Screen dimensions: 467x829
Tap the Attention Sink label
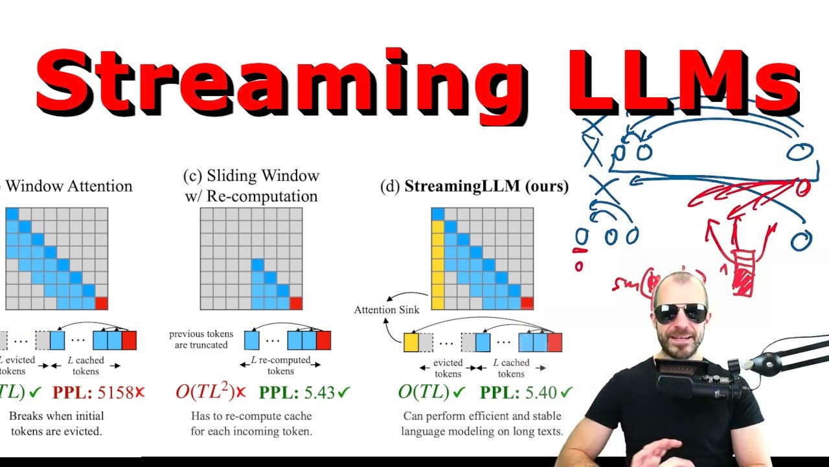pyautogui.click(x=384, y=309)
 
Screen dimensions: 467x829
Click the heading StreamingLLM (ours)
pyautogui.click(x=474, y=187)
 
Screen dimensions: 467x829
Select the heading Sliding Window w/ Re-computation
pyautogui.click(x=251, y=186)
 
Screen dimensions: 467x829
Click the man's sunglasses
pyautogui.click(x=681, y=313)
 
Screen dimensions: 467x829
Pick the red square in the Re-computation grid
pyautogui.click(x=296, y=303)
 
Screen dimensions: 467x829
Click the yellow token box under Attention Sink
pyautogui.click(x=411, y=342)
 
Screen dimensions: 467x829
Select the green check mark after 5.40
pyautogui.click(x=567, y=392)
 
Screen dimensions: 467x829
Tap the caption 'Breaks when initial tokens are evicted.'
pyautogui.click(x=56, y=423)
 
